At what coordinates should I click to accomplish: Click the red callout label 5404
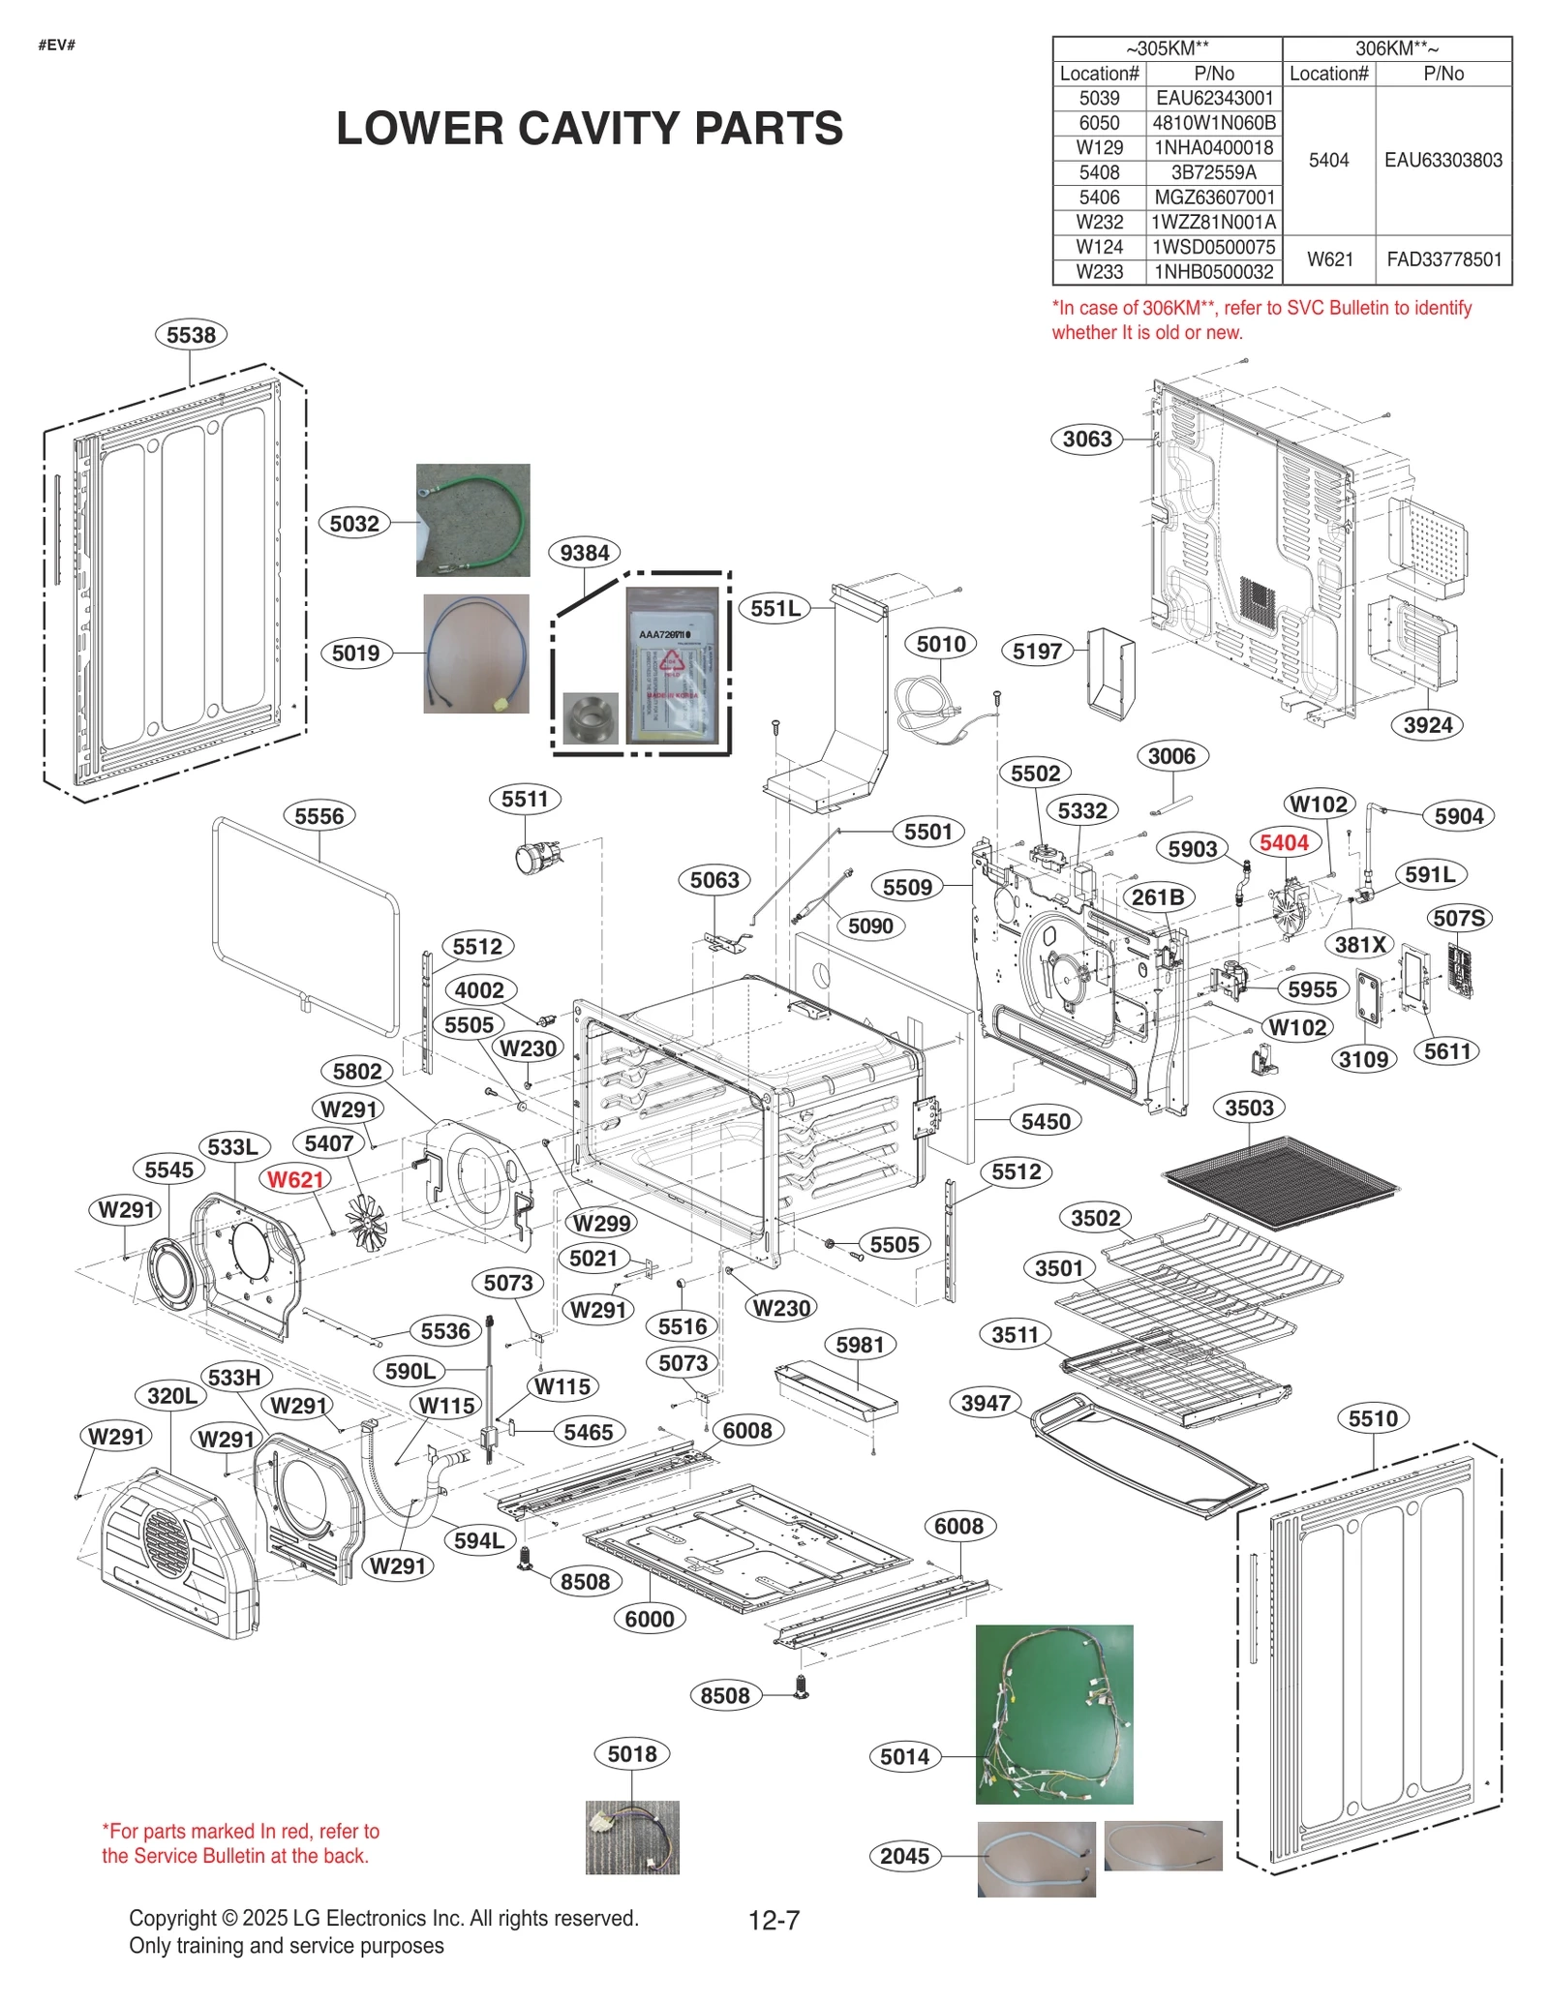tap(1284, 842)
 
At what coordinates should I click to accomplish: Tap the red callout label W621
tap(295, 1179)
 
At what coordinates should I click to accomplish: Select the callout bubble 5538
tap(191, 335)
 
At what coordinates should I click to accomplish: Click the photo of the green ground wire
tap(472, 520)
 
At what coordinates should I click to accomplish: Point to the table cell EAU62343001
tap(1214, 98)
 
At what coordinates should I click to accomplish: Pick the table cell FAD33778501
tap(1443, 259)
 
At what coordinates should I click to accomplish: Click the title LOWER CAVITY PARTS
tap(589, 129)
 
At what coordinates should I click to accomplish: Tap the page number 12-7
tap(774, 1920)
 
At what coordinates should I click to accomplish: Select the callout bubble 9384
tap(585, 553)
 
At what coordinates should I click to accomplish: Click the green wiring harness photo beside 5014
tap(1053, 1714)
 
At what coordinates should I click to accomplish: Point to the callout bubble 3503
tap(1249, 1108)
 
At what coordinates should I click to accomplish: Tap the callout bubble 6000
tap(649, 1619)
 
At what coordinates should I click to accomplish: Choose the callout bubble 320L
tap(172, 1395)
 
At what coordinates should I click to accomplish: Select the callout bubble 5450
tap(1046, 1121)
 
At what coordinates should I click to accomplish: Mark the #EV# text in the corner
tap(56, 46)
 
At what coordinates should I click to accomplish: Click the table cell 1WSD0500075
tap(1214, 247)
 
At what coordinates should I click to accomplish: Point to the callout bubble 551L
tap(776, 608)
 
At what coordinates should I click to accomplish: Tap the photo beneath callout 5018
tap(632, 1837)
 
